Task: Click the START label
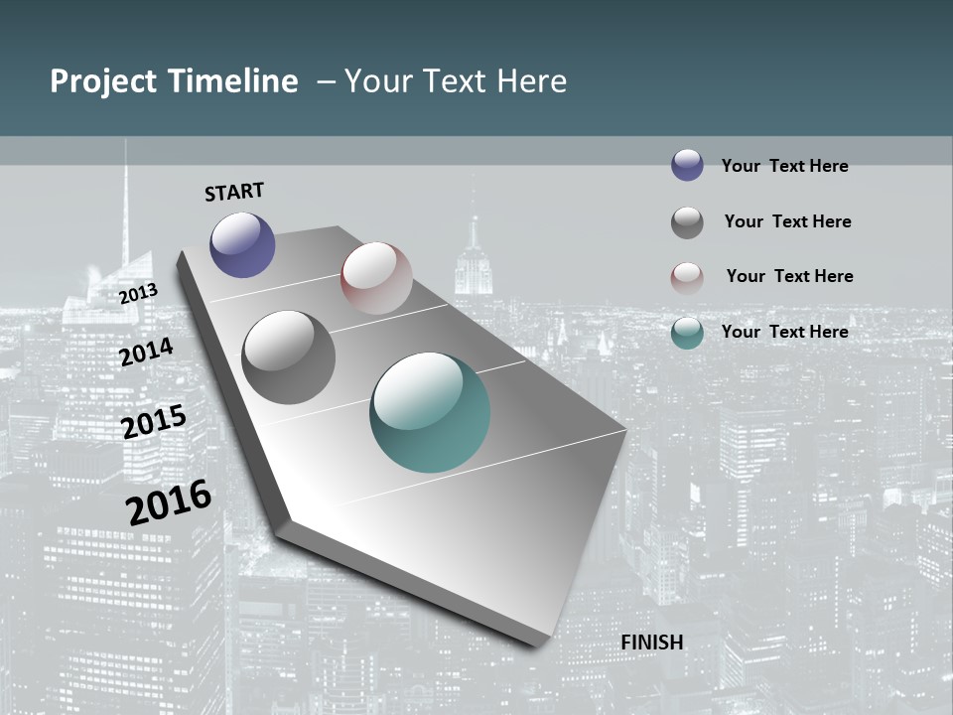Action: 234,191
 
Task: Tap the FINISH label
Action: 652,643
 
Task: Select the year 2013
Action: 138,294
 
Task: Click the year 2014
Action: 146,352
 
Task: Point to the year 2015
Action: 154,422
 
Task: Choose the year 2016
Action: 169,501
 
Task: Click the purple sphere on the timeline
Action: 242,244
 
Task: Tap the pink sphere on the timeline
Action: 376,278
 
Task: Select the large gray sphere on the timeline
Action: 289,357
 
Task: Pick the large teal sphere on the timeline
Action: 430,412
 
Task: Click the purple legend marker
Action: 687,166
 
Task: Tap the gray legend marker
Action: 687,222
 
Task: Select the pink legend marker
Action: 687,278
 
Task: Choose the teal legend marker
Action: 687,333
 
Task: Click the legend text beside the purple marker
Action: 784,166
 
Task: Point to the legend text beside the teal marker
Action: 784,332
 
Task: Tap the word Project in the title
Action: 103,81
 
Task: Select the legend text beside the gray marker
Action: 787,221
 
